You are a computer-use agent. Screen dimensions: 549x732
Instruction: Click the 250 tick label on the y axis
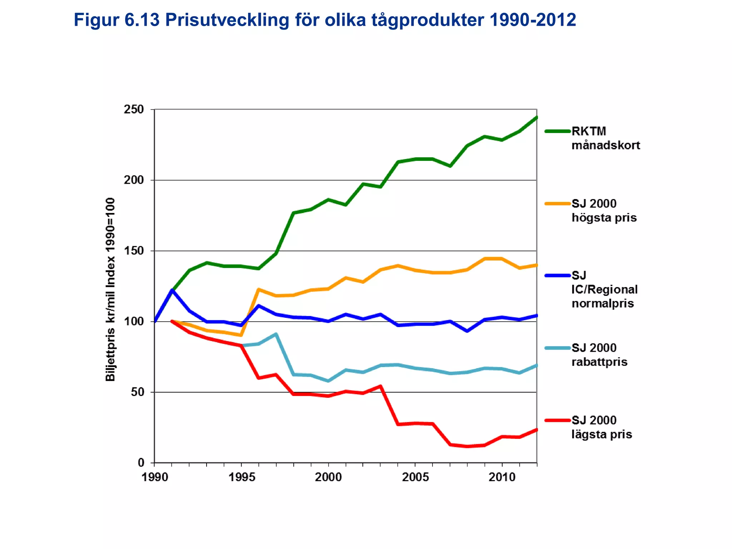click(x=134, y=109)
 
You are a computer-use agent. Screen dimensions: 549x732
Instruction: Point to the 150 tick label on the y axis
click(x=134, y=251)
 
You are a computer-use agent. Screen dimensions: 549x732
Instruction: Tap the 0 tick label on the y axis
click(x=141, y=463)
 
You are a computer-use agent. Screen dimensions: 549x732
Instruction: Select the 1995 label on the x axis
click(x=242, y=477)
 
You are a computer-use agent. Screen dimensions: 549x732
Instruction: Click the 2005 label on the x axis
click(x=415, y=477)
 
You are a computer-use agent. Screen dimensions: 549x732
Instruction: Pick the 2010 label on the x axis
click(x=502, y=477)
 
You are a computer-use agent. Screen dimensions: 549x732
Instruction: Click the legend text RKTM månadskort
click(x=605, y=138)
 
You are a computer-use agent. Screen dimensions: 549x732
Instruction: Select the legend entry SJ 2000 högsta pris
click(x=604, y=211)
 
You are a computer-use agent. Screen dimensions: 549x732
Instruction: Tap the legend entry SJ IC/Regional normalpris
click(x=604, y=290)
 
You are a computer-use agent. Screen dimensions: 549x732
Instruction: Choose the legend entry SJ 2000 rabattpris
click(x=599, y=355)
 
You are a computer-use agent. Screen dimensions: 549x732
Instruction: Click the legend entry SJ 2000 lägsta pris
click(x=601, y=427)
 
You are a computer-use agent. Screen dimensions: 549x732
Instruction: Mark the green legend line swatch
click(x=557, y=132)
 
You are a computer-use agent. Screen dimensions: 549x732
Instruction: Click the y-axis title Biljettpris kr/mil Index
click(x=110, y=290)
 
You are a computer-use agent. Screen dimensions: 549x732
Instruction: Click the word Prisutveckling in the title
click(x=227, y=20)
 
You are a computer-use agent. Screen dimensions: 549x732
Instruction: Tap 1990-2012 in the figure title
click(x=533, y=20)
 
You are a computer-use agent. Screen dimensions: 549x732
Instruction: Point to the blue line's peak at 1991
click(x=172, y=290)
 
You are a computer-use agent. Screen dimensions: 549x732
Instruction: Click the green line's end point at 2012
click(x=536, y=117)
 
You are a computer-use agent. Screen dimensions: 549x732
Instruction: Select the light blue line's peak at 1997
click(x=276, y=334)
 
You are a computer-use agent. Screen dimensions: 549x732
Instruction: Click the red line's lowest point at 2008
click(x=467, y=446)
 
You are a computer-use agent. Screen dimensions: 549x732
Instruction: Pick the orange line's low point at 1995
click(x=241, y=335)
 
